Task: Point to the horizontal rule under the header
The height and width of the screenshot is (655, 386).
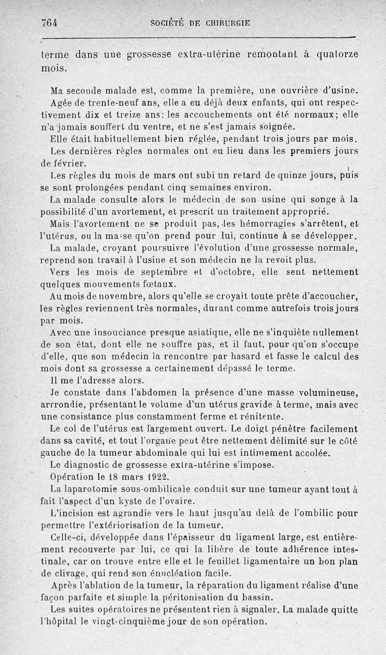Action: point(198,37)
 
